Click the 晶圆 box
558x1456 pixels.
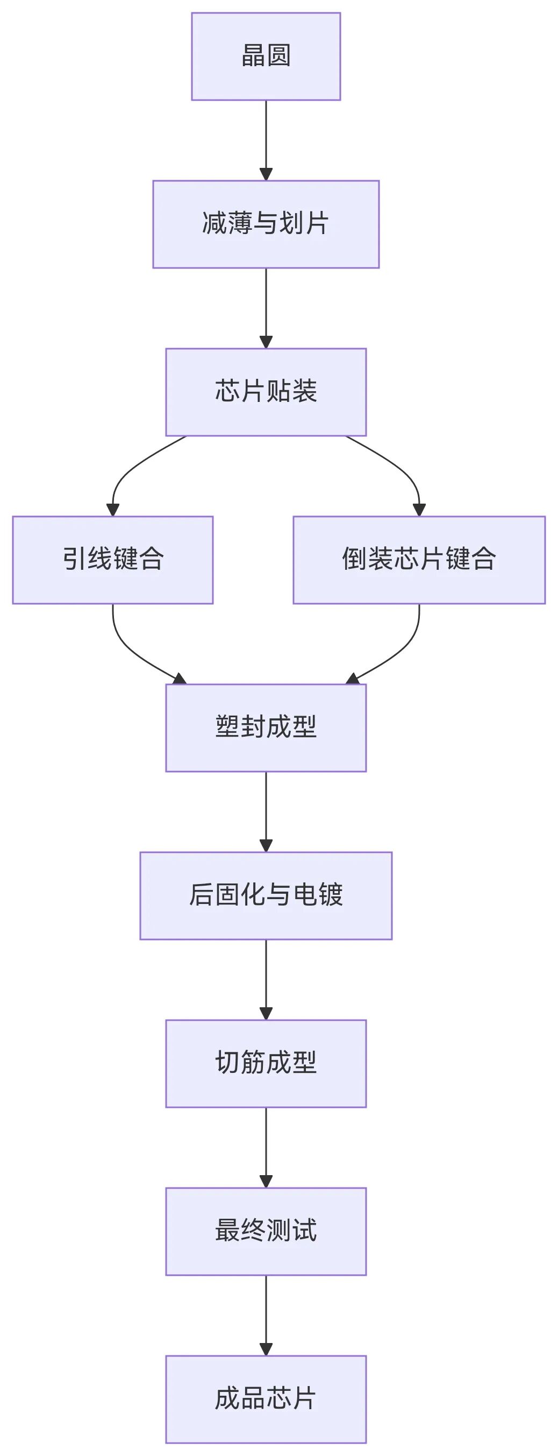click(266, 56)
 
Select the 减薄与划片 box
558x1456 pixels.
click(266, 224)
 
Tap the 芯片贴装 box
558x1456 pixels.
click(266, 392)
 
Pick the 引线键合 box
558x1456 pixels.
click(113, 560)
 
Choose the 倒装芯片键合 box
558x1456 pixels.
click(419, 560)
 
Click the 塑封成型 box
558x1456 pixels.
click(266, 728)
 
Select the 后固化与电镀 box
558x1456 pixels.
click(266, 896)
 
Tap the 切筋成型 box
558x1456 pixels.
click(266, 1064)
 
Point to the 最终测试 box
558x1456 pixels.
click(266, 1232)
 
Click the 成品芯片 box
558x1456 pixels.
click(266, 1400)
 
